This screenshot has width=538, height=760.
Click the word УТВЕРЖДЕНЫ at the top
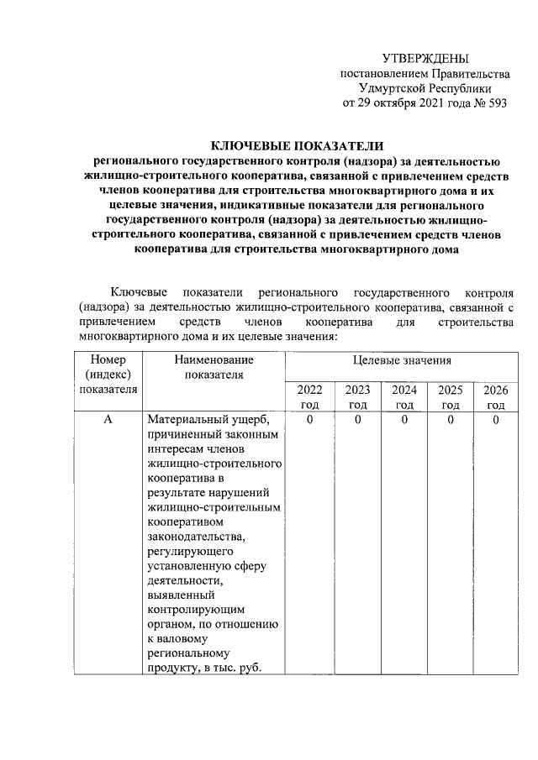(425, 58)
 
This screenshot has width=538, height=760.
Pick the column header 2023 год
(357, 396)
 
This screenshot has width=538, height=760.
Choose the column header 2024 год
(403, 396)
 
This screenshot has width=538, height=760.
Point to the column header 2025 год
(450, 396)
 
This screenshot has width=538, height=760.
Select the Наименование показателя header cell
(214, 367)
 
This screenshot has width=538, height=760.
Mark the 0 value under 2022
(310, 419)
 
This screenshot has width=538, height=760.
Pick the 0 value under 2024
(403, 419)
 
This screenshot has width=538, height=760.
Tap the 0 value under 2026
(496, 419)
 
